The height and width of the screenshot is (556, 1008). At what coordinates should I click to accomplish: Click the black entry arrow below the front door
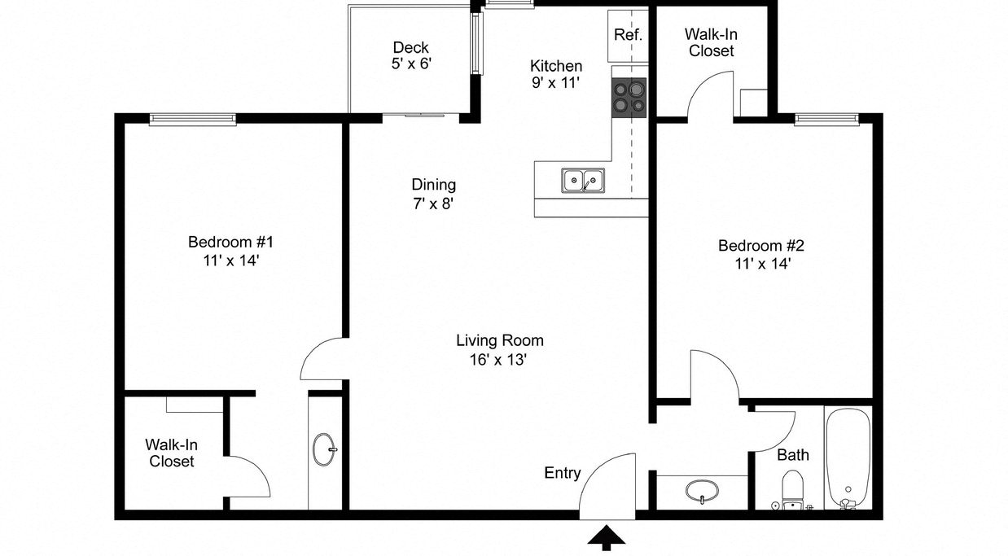tap(607, 537)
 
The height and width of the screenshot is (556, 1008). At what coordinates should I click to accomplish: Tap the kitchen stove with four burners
tap(629, 97)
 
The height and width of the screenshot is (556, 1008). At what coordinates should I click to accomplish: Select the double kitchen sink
tap(582, 180)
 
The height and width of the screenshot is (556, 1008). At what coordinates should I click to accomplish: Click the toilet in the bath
tap(791, 490)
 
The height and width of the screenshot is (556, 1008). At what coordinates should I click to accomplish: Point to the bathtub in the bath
tap(848, 458)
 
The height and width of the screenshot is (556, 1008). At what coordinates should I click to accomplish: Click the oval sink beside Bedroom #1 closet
tap(324, 449)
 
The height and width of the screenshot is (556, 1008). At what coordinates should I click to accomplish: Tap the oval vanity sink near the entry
tap(701, 492)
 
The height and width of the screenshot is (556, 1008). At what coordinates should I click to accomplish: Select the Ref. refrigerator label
tap(628, 35)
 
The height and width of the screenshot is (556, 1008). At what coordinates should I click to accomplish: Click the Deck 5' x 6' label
tap(410, 55)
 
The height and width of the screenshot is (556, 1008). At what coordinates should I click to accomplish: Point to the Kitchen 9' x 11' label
tap(556, 74)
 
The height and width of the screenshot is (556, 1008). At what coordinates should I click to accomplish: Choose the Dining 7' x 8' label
tap(433, 194)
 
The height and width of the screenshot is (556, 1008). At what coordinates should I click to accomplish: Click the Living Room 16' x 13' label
tap(499, 349)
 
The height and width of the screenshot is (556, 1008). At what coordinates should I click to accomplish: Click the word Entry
tap(563, 473)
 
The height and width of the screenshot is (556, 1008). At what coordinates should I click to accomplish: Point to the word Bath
tap(792, 454)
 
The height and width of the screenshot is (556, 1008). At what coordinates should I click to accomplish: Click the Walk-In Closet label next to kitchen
tap(711, 42)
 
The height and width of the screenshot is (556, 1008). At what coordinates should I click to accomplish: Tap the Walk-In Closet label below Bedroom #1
tap(171, 453)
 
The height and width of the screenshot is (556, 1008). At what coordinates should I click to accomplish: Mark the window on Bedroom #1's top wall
tap(193, 119)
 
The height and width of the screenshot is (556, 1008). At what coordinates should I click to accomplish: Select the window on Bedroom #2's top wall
tap(826, 119)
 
